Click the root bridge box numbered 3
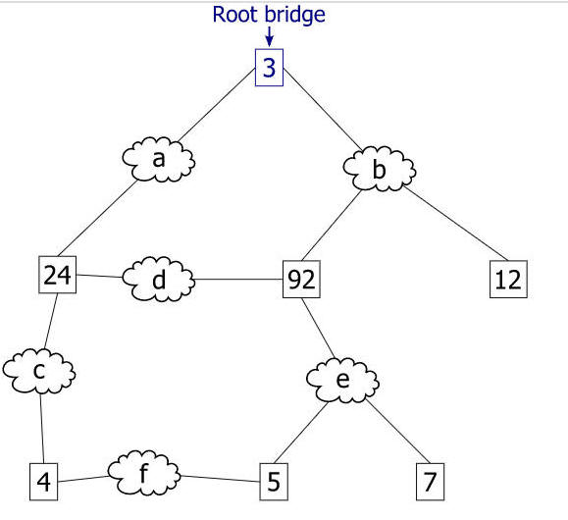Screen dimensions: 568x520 (269, 68)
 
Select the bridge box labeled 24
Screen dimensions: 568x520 (58, 275)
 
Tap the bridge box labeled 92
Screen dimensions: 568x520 (301, 279)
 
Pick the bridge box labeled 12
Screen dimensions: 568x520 (508, 279)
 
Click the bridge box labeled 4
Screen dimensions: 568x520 (43, 482)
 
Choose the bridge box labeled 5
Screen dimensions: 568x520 (274, 482)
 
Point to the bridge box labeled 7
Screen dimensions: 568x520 (430, 482)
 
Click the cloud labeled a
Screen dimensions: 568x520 (159, 159)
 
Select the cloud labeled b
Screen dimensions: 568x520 (379, 169)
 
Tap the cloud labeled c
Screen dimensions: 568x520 (39, 371)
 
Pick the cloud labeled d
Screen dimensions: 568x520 (159, 279)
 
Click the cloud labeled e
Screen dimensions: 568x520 (342, 380)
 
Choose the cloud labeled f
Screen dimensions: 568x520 (144, 473)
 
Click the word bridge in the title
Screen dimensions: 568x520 (294, 16)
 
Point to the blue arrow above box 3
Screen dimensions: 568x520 (269, 36)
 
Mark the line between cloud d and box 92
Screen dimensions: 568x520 (238, 280)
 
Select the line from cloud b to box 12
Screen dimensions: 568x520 (456, 224)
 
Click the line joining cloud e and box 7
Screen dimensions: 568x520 (397, 431)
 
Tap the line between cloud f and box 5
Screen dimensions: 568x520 (220, 479)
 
